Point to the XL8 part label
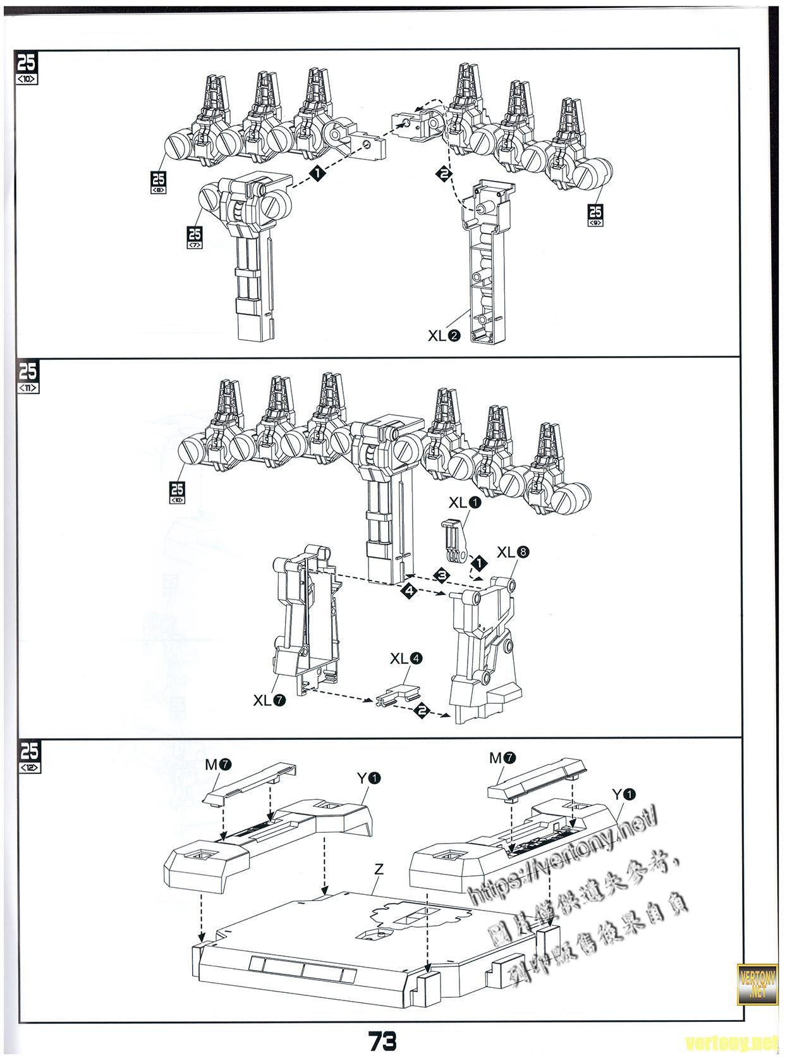pyautogui.click(x=513, y=552)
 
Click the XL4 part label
pyautogui.click(x=406, y=658)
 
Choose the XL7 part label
pyautogui.click(x=269, y=700)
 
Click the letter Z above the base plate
pyautogui.click(x=379, y=870)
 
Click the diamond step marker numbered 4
pyautogui.click(x=409, y=591)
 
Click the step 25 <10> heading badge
pyautogui.click(x=28, y=68)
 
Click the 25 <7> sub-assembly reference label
pyautogui.click(x=195, y=237)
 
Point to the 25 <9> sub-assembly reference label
pyautogui.click(x=595, y=215)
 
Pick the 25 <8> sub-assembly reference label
pyautogui.click(x=158, y=182)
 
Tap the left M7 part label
pyautogui.click(x=218, y=764)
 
